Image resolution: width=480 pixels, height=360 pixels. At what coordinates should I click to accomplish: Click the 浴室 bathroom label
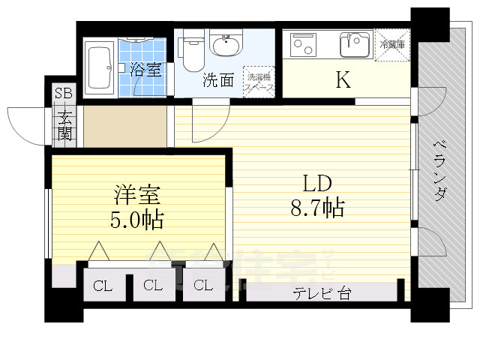145,70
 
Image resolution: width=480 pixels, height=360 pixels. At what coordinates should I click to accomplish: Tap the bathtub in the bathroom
99,64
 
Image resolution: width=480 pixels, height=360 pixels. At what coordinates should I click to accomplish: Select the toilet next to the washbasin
192,51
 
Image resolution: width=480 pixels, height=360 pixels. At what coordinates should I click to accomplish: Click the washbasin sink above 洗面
225,46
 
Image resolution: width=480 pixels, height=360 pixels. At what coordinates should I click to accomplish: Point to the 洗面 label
218,81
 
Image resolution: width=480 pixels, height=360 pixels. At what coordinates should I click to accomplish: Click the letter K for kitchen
343,80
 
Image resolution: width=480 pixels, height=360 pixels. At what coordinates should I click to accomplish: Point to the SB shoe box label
63,94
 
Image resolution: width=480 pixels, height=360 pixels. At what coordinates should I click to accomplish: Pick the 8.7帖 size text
316,208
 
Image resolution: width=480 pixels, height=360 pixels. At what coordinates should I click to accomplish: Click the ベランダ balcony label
440,170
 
